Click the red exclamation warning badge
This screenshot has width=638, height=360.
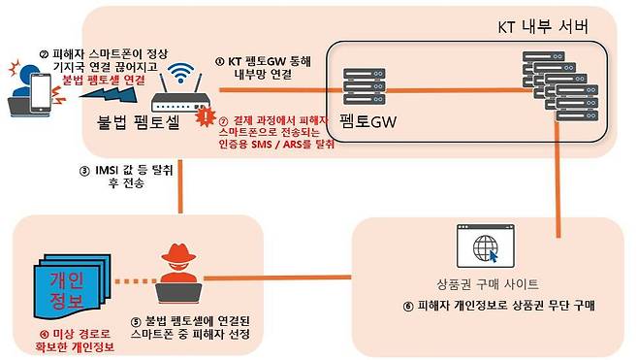click(x=204, y=118)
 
